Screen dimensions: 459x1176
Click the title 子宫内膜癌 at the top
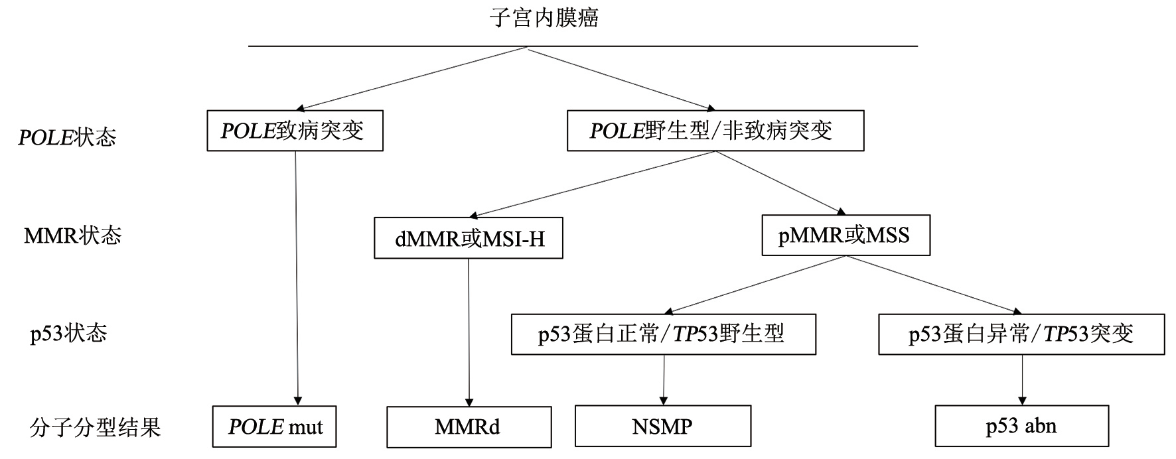tap(544, 18)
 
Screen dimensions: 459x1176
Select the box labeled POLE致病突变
tap(295, 131)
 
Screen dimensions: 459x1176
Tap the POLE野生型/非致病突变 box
tap(715, 131)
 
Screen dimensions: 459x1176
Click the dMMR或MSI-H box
tap(469, 237)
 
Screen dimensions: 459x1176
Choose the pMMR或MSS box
tap(845, 235)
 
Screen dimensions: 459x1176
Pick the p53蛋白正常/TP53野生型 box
tap(663, 334)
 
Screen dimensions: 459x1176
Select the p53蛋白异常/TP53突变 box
tap(1021, 334)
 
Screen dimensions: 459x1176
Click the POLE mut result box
tap(274, 426)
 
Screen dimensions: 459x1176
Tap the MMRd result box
tap(469, 426)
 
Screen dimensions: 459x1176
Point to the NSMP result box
tap(662, 426)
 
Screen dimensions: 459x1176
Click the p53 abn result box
tap(1021, 426)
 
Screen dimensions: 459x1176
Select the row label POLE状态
tap(67, 137)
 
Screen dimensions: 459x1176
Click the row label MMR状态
tap(72, 235)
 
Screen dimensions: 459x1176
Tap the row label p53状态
tap(68, 333)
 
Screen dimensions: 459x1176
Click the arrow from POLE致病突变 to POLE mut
tap(297, 279)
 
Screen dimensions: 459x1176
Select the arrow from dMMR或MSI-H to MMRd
tap(469, 332)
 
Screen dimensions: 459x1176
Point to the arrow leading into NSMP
tap(664, 380)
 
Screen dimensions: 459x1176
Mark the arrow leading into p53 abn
tap(1022, 380)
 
